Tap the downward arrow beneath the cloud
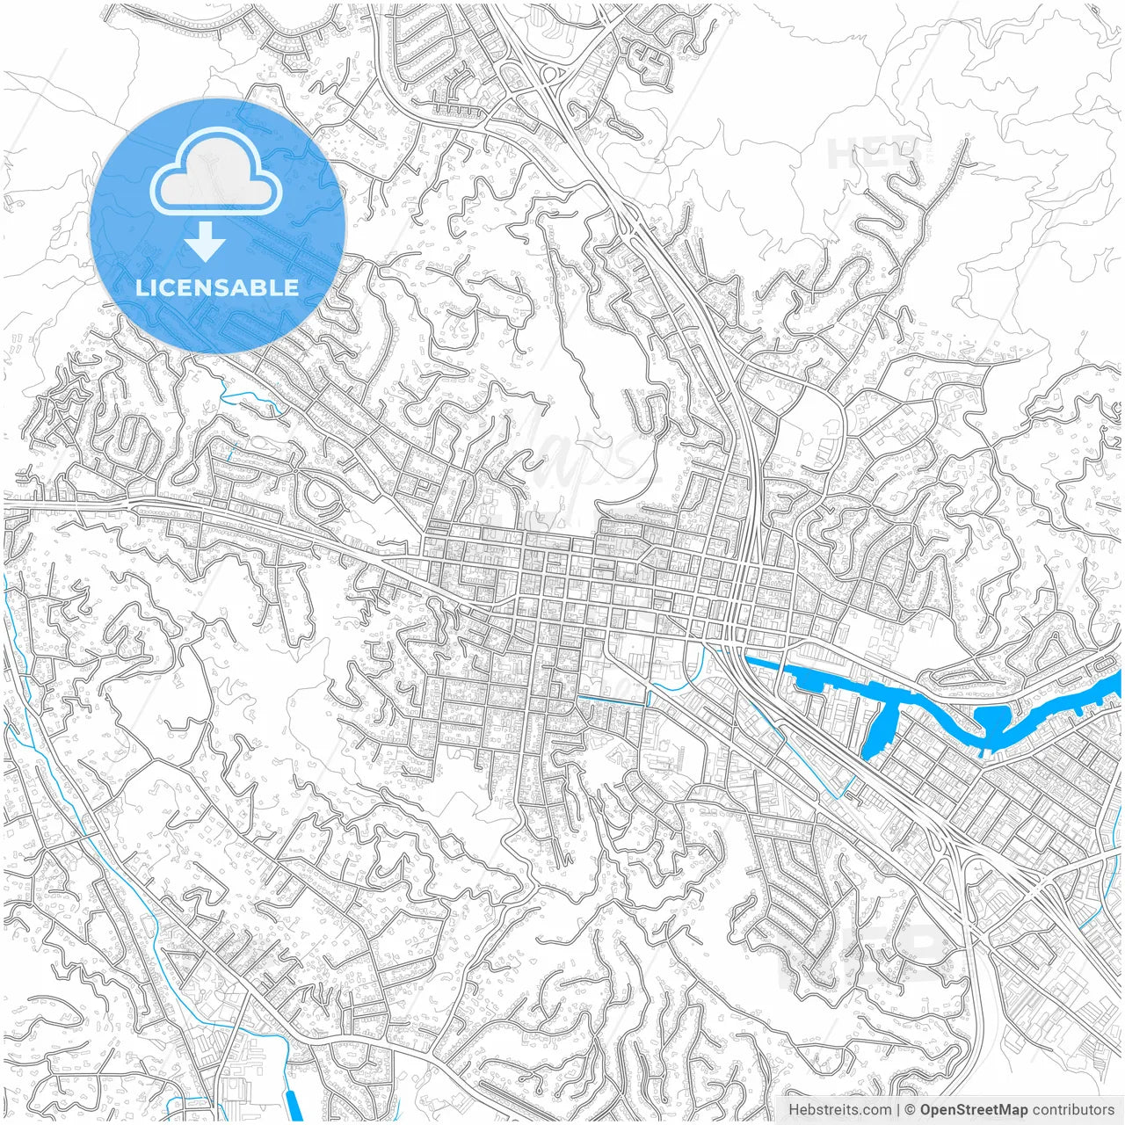[x=207, y=242]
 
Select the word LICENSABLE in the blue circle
[x=217, y=287]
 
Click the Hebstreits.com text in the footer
[x=839, y=1109]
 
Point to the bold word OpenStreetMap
[x=973, y=1109]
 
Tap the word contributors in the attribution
[x=1072, y=1109]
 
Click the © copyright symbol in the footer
[x=911, y=1109]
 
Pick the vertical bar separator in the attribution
[x=898, y=1109]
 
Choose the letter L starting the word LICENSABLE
[x=142, y=287]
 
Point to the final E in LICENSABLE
[x=291, y=287]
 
